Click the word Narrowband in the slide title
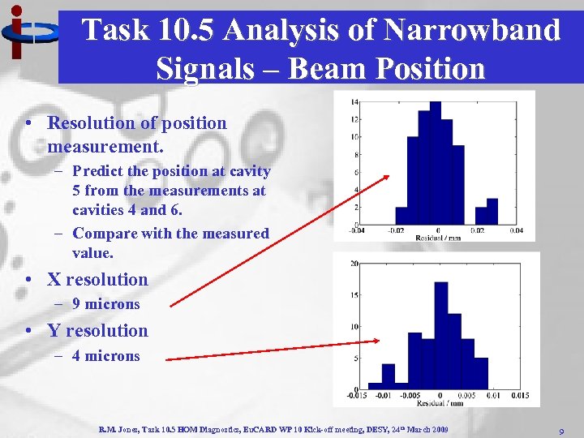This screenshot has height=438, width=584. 473,30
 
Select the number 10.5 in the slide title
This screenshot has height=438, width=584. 187,30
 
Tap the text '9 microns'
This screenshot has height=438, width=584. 105,305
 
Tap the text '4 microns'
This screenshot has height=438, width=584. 105,356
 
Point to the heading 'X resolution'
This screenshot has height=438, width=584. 97,280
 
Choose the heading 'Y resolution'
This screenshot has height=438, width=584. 97,331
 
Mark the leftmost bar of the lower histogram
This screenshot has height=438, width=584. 375,386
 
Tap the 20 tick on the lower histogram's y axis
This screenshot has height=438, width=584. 354,264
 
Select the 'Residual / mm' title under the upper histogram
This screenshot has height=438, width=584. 438,238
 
